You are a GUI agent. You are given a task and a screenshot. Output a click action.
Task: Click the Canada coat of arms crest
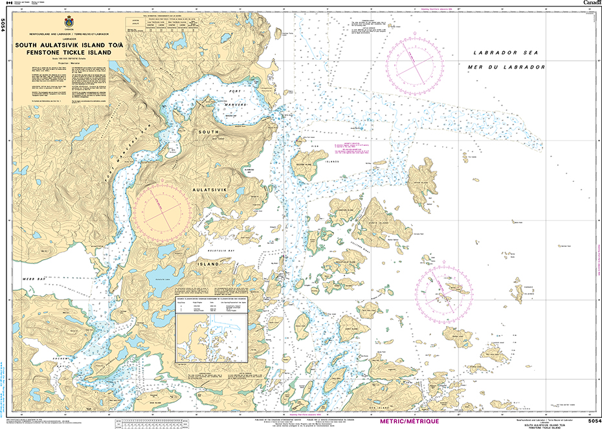(69, 20)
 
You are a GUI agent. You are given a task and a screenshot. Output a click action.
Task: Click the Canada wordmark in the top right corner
(591, 3)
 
